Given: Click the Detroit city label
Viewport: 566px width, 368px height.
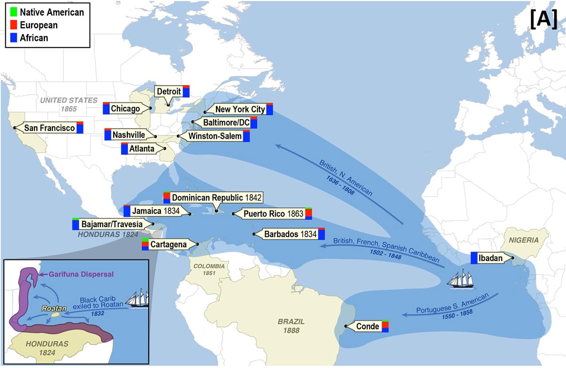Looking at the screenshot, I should [x=168, y=92].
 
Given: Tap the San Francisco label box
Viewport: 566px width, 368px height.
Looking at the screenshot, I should [x=50, y=128].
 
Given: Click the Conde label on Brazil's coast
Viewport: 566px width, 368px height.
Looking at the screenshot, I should [x=367, y=326].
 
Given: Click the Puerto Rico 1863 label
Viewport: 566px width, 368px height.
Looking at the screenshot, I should [x=272, y=214].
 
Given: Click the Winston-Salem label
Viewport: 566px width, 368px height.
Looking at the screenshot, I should [x=215, y=136].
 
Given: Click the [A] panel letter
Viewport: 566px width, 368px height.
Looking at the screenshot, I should [x=543, y=21].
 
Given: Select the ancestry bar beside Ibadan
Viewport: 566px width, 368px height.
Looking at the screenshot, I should [x=474, y=258].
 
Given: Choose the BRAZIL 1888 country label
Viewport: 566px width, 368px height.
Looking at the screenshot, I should [x=291, y=326].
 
